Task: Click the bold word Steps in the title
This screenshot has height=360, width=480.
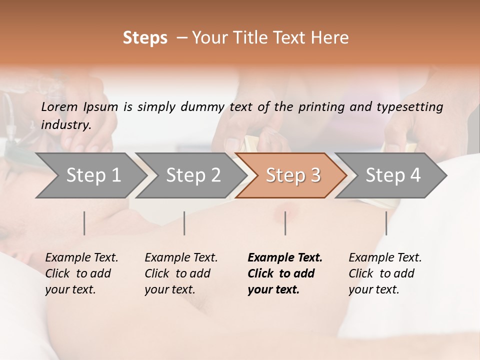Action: pos(145,38)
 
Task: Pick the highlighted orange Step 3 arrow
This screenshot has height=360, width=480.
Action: pos(291,175)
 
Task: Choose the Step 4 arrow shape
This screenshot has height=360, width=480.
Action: pos(391,175)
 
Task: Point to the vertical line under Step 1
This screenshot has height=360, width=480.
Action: pos(84,223)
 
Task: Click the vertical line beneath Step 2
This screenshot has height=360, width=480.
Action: pos(184,223)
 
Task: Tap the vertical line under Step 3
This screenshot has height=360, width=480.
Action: pos(285,223)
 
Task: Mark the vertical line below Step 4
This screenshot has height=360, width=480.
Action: pos(386,223)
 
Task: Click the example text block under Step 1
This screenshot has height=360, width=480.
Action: pos(81,273)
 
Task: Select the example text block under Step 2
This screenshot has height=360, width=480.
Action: pos(181,273)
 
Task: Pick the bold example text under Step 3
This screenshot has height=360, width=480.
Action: pos(285,273)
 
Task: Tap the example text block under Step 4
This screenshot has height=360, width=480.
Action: pos(385,273)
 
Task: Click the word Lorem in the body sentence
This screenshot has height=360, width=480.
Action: pos(59,106)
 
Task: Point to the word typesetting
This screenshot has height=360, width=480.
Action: pos(413,106)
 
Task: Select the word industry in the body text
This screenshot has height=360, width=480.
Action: pos(65,124)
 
